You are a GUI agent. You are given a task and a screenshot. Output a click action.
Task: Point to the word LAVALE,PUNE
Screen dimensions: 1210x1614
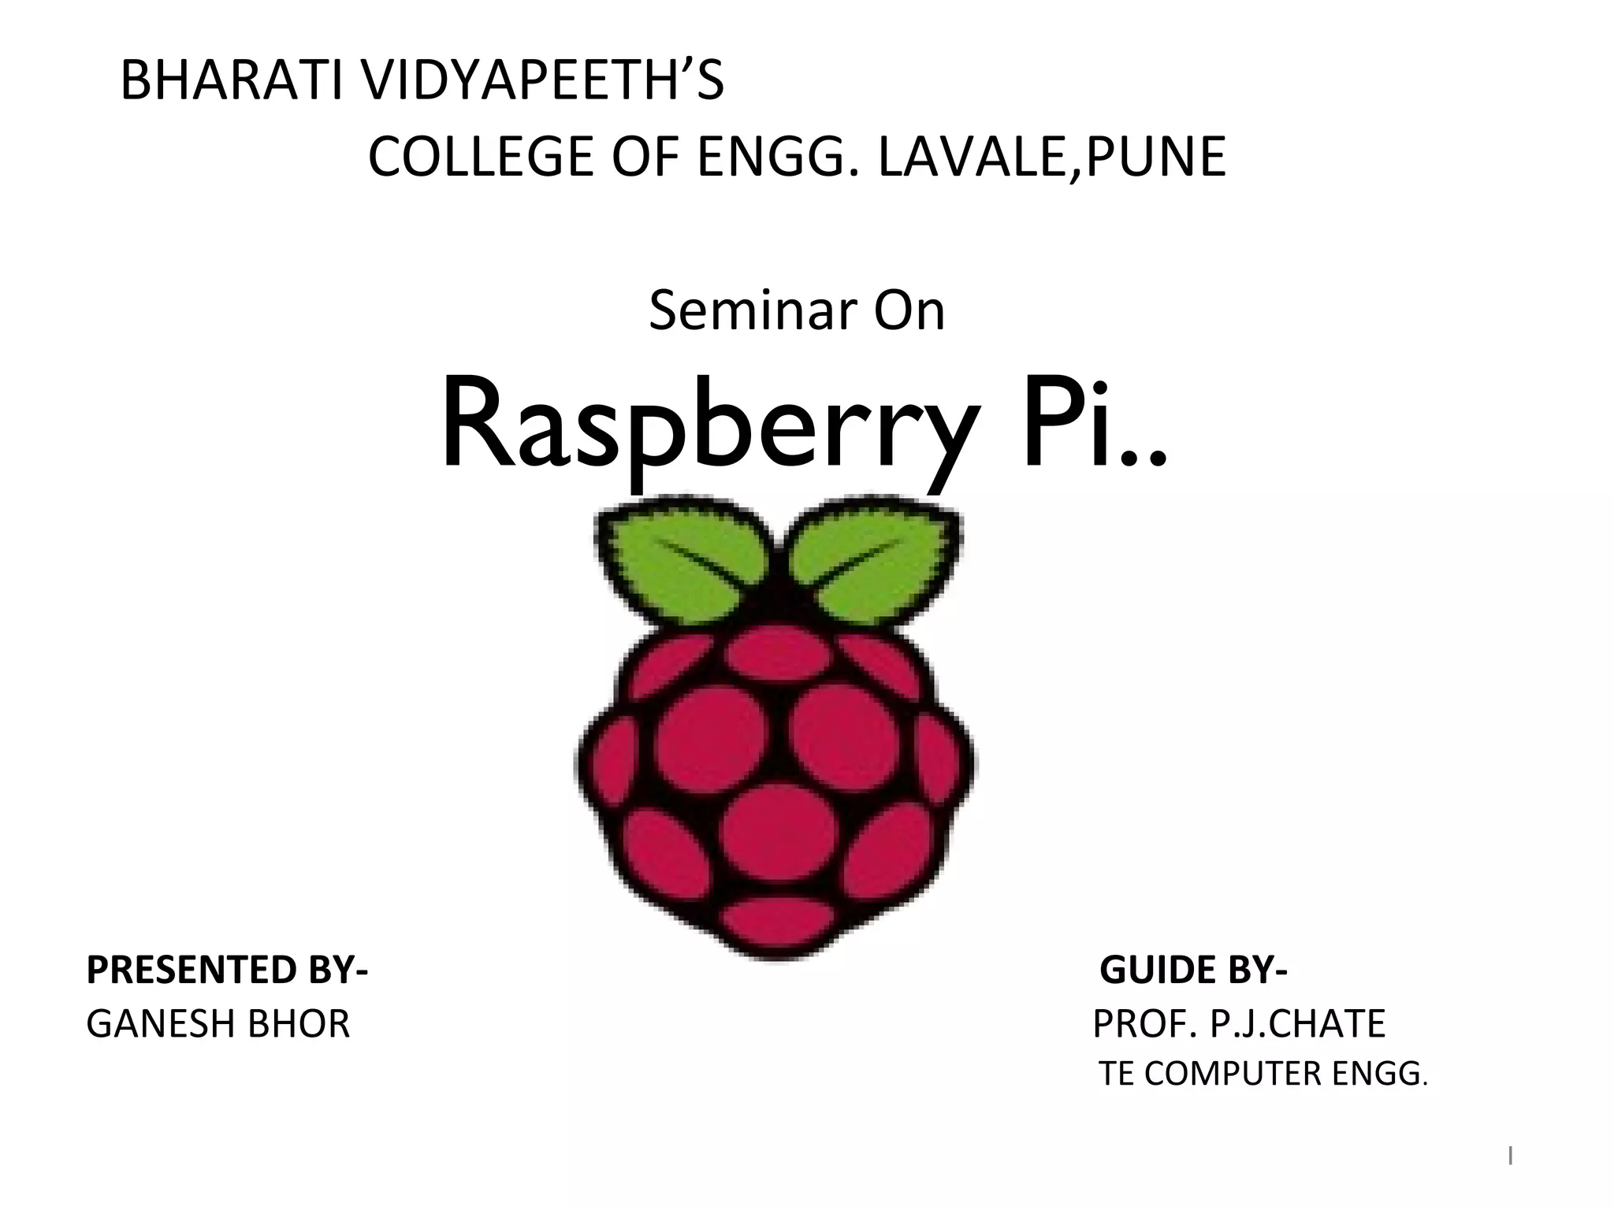click(1051, 157)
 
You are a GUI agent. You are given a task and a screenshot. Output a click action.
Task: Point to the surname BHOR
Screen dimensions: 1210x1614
click(299, 1024)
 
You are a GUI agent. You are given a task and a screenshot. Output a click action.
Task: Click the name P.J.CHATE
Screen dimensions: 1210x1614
click(1297, 1024)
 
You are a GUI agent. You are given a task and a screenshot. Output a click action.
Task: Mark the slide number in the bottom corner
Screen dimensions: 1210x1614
click(1510, 1156)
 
